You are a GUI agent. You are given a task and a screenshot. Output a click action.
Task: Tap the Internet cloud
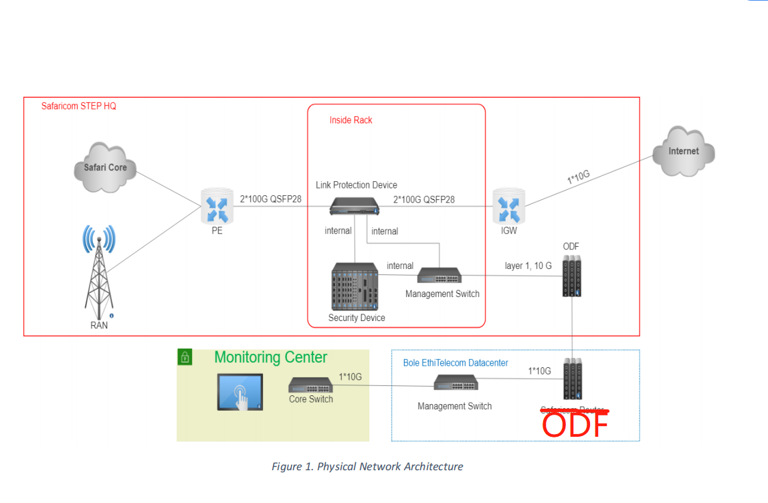(683, 151)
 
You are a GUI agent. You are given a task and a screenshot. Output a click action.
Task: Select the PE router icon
(217, 206)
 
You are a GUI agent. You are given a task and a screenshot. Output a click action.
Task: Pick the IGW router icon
(508, 206)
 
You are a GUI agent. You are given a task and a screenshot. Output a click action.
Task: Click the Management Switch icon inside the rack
(439, 275)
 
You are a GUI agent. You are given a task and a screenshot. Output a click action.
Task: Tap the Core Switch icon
(310, 385)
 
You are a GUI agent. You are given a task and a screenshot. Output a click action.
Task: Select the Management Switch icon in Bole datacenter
(456, 383)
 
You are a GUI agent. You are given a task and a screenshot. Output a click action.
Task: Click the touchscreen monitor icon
(239, 392)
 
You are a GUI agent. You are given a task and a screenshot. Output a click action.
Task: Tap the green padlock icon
(185, 357)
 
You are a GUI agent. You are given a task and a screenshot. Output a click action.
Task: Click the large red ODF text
(575, 425)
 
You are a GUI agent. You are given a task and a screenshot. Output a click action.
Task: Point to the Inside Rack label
(351, 120)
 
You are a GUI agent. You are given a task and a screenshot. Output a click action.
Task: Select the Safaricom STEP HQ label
(78, 106)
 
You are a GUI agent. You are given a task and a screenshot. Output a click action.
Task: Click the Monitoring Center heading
(270, 357)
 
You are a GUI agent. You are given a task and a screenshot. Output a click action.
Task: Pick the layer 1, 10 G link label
(528, 266)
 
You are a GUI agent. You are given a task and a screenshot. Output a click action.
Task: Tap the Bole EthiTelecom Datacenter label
(455, 363)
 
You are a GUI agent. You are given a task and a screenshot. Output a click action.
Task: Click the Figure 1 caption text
(367, 466)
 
